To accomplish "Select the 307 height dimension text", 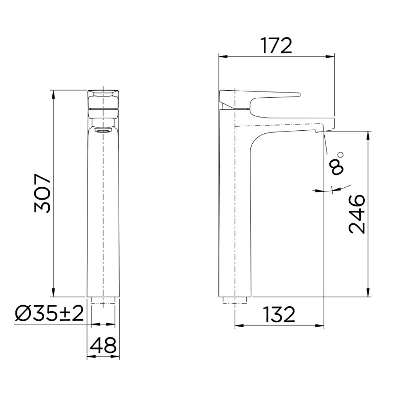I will click(43, 194).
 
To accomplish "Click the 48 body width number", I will click(103, 345).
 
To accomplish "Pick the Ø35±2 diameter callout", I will click(49, 314).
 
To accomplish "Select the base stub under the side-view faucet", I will click(235, 300).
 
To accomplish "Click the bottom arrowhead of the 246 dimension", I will click(369, 294).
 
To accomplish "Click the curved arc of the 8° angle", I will click(333, 189).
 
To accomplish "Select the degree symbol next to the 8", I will click(341, 154).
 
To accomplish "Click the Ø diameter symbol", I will click(22, 314).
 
